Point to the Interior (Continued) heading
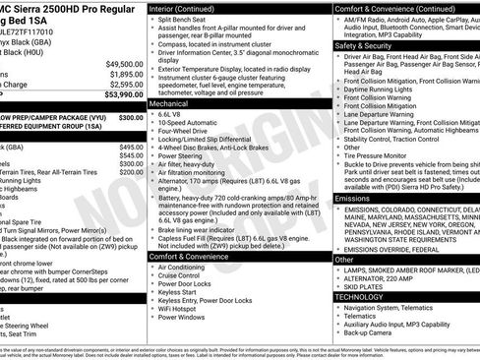[x=189, y=8]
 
